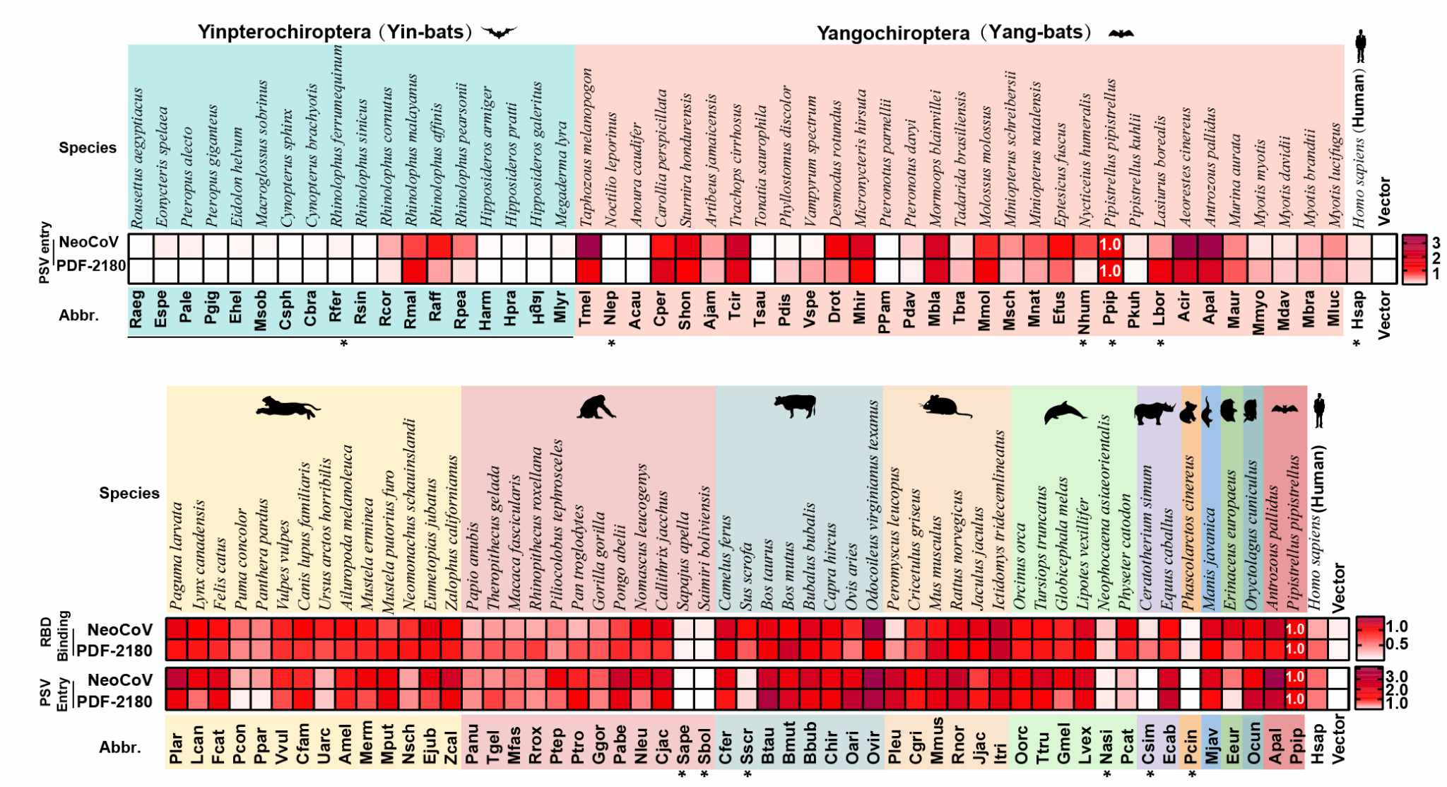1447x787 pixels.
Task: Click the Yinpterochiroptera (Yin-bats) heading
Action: [x=336, y=32]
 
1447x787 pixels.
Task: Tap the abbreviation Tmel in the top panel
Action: [x=586, y=308]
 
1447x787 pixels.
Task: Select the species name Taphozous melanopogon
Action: [x=586, y=148]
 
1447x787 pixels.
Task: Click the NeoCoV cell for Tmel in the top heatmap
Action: [x=587, y=246]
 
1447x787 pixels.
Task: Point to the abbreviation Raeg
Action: [x=137, y=309]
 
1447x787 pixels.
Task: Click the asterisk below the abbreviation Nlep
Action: [x=612, y=344]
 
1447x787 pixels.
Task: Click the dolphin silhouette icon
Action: [x=1064, y=412]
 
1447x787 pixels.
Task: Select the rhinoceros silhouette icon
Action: [x=1154, y=412]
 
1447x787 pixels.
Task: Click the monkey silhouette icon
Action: [x=596, y=407]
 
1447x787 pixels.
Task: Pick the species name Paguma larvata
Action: [x=177, y=556]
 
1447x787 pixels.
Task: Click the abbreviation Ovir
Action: [x=874, y=747]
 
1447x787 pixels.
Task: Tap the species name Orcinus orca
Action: [x=1020, y=566]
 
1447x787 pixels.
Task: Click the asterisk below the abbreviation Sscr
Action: [x=748, y=774]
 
